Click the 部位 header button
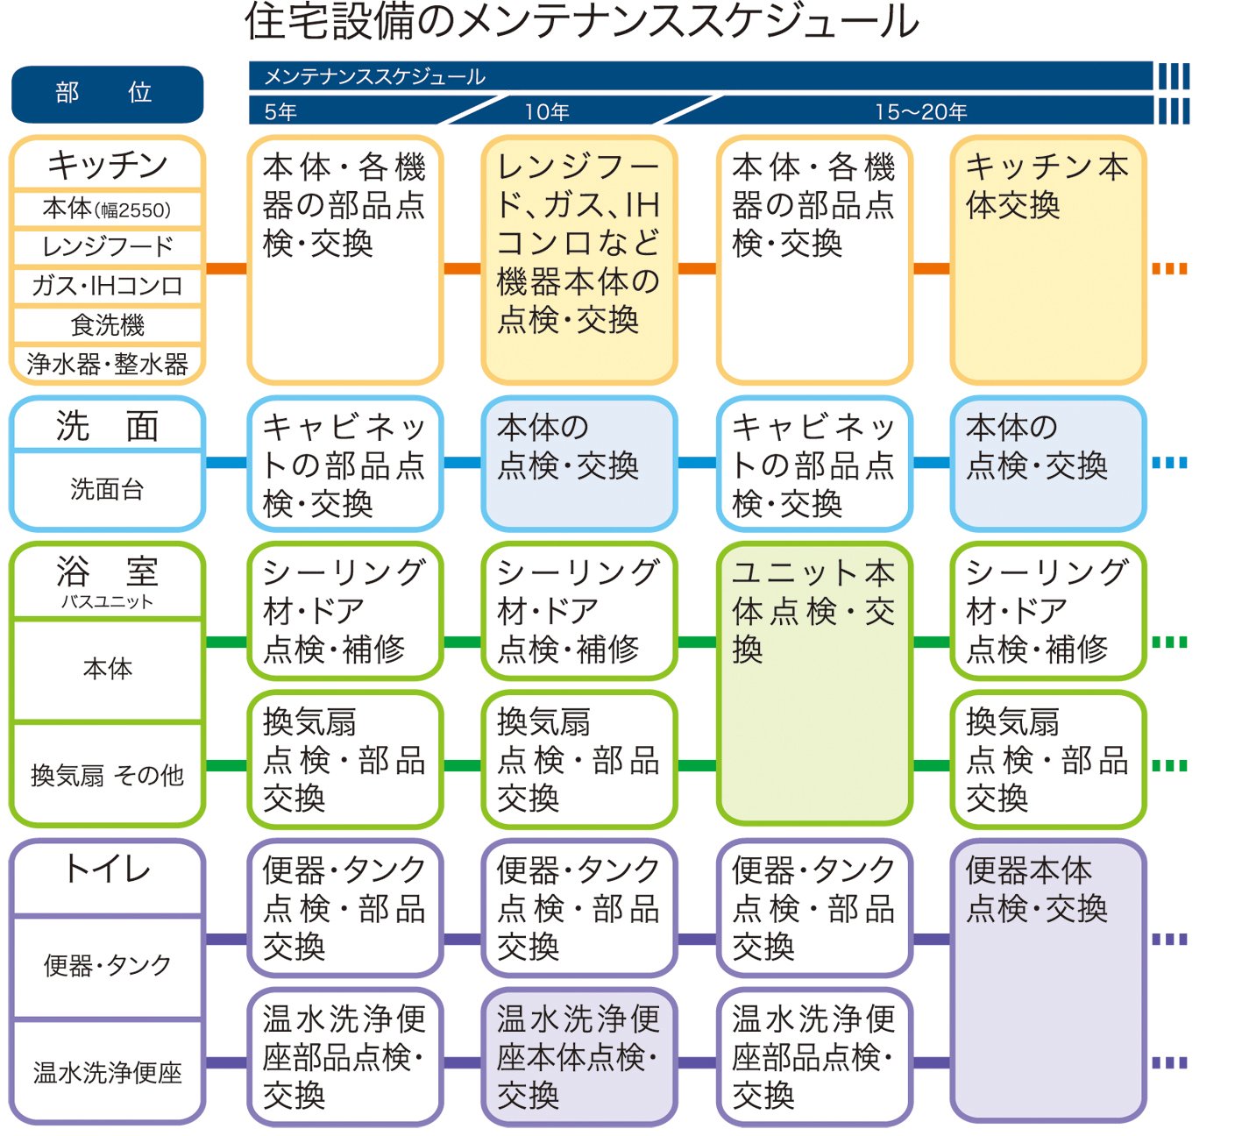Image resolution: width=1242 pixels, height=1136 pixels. coord(107,94)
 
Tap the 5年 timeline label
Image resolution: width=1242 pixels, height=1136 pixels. coord(280,112)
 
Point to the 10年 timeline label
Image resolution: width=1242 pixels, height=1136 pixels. coord(547,112)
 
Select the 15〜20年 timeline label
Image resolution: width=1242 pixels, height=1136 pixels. coord(920,112)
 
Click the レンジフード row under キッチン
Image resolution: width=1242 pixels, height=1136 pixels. coord(107,246)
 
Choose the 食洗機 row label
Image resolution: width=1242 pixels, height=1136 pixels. coord(107,325)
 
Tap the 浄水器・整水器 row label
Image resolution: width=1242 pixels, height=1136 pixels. coord(107,364)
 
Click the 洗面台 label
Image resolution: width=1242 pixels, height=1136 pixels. coord(107,489)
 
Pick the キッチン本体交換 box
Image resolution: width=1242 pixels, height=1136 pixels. coord(1048,259)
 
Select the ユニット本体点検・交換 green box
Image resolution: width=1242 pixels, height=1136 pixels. coord(814,684)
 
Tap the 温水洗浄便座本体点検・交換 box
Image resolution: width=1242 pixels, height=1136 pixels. coord(579,1056)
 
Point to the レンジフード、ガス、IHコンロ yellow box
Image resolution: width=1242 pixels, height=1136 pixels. coord(579,259)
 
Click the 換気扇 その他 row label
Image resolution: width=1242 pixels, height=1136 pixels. coord(107,775)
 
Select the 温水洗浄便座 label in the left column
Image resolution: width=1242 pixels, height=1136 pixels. coord(107,1072)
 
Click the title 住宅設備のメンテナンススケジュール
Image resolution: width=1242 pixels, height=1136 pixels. coord(581,21)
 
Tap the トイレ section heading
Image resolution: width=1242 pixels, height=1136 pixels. coord(107,870)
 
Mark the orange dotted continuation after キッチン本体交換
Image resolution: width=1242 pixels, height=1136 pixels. coord(1169,269)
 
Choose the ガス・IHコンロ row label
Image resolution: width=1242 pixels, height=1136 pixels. coord(107,286)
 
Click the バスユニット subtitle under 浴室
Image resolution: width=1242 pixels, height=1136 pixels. coord(107,602)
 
